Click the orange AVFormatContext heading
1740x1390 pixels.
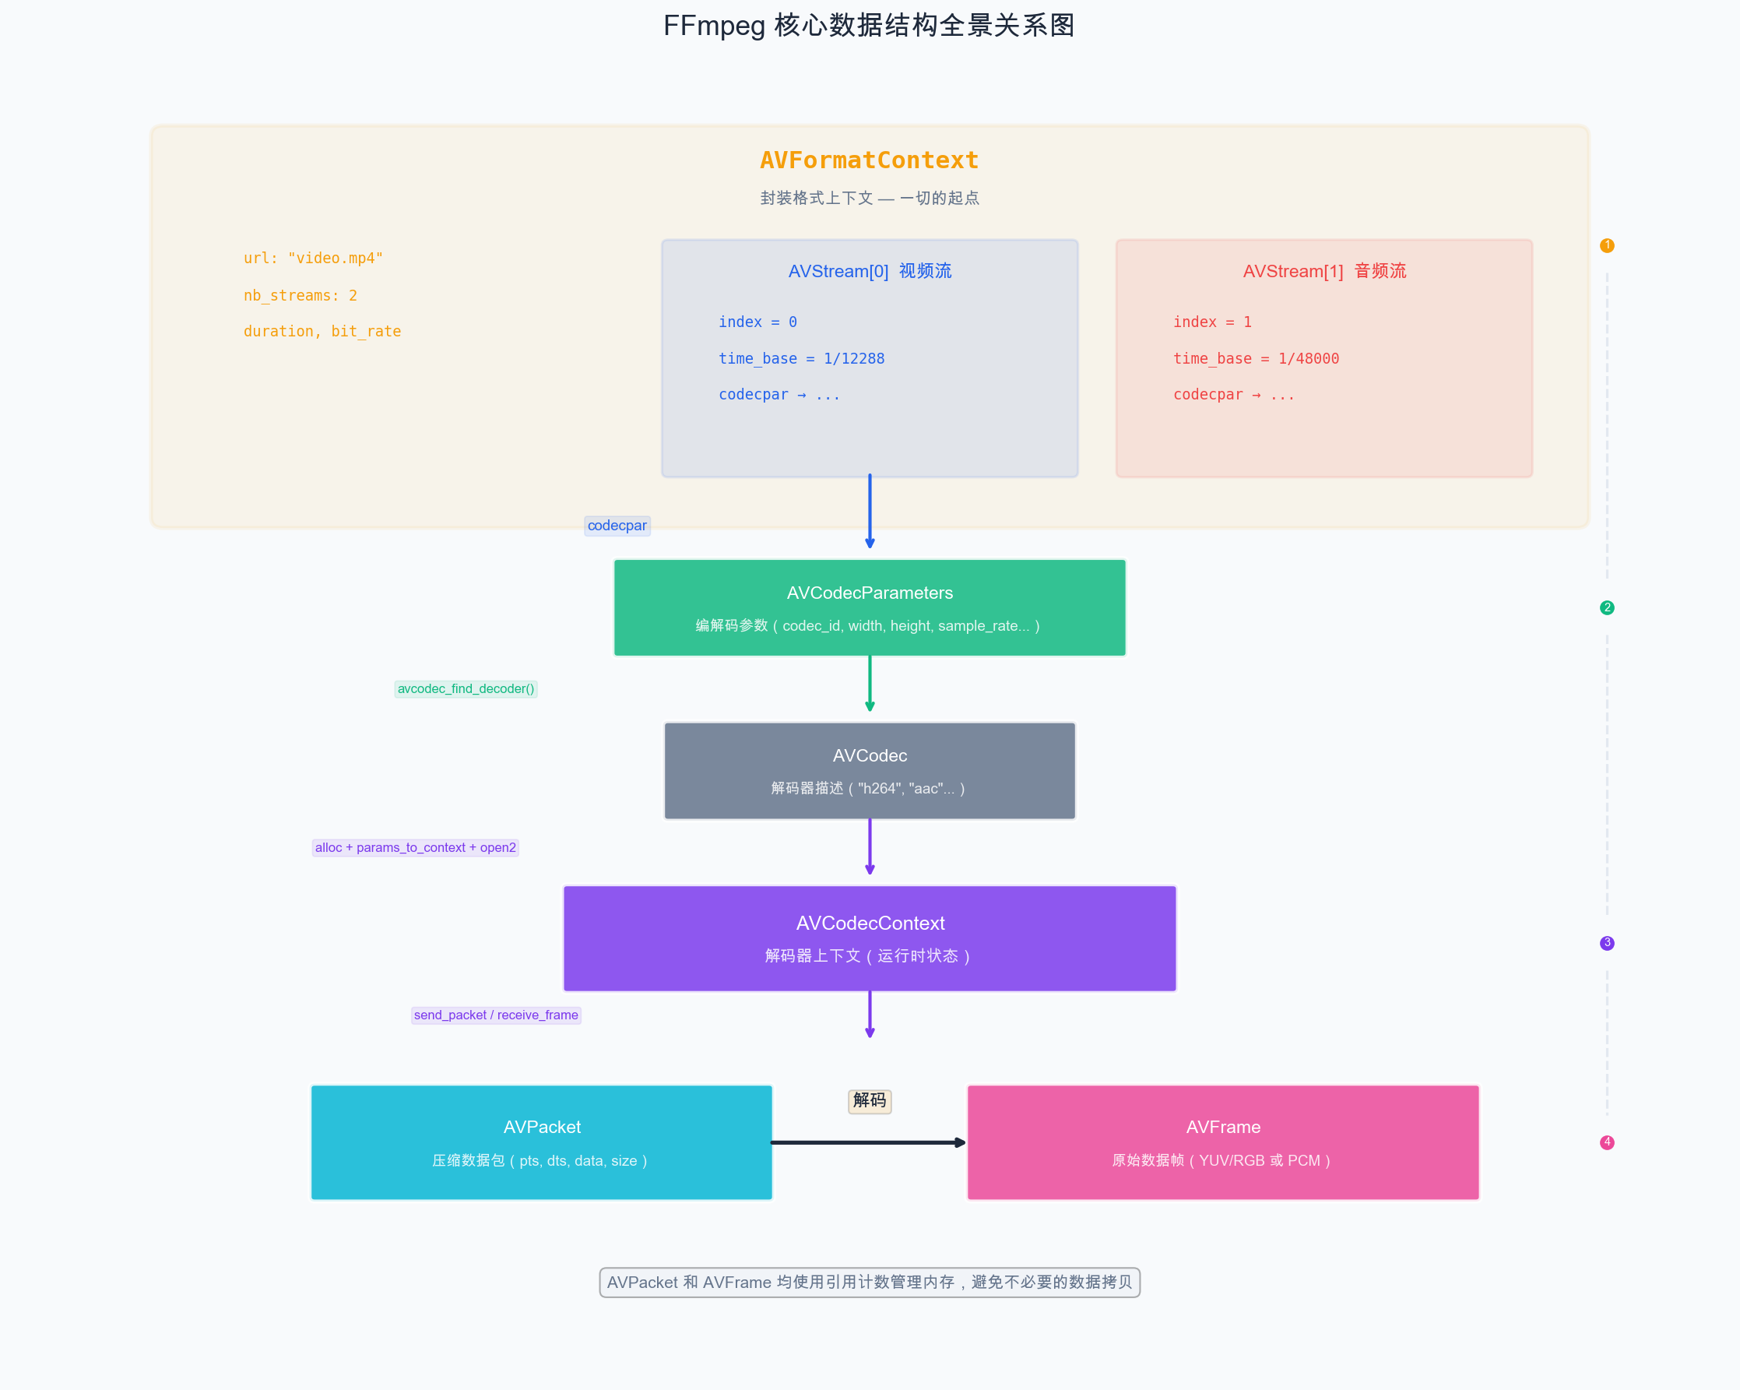tap(869, 160)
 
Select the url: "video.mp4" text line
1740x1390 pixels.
tap(313, 259)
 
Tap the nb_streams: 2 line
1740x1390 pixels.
tap(301, 295)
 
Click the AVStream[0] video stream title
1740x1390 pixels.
tap(869, 271)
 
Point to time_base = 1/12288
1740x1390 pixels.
tap(801, 358)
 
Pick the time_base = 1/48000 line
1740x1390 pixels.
tap(1256, 358)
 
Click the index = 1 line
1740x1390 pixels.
tap(1212, 322)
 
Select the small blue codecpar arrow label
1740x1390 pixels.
tap(617, 526)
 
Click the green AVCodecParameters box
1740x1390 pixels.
tap(869, 608)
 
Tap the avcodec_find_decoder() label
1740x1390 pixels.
tap(466, 688)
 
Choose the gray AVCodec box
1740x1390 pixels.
tap(869, 771)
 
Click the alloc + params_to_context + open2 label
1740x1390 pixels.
tap(415, 847)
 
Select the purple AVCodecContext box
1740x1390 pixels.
tap(869, 938)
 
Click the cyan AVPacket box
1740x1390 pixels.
tap(542, 1142)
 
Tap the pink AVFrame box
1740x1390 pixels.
tap(1223, 1142)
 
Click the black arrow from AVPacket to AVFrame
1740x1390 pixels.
tap(867, 1142)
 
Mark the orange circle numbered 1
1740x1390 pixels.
tap(1607, 245)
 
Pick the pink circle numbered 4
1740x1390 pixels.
tap(1607, 1142)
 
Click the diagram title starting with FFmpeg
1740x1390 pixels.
tap(869, 26)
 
